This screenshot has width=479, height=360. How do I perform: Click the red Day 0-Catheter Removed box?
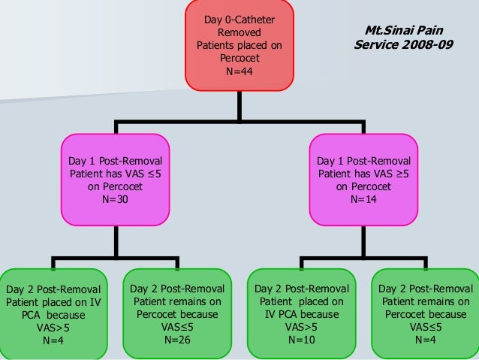(x=239, y=45)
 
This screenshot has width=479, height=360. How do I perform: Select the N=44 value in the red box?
(x=239, y=71)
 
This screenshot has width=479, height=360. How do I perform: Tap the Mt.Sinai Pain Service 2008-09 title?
(x=403, y=38)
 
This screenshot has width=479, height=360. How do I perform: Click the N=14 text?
(x=363, y=201)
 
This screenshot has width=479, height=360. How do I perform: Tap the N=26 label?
(x=177, y=339)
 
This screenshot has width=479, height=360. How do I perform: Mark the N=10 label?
(x=302, y=339)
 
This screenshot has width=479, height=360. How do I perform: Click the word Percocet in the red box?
(x=239, y=59)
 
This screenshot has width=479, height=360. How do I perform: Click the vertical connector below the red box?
(x=239, y=105)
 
